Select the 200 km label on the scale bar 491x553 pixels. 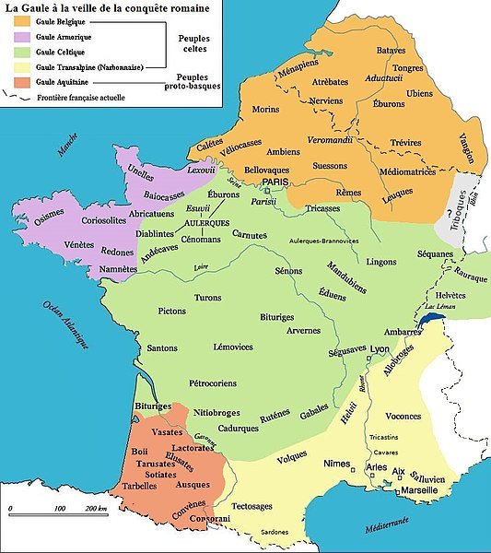(x=95, y=508)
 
